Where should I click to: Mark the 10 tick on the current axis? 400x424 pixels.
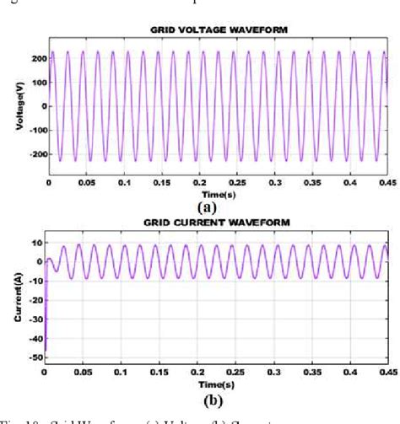tap(37, 243)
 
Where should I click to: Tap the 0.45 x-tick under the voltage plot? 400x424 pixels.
tap(386, 182)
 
